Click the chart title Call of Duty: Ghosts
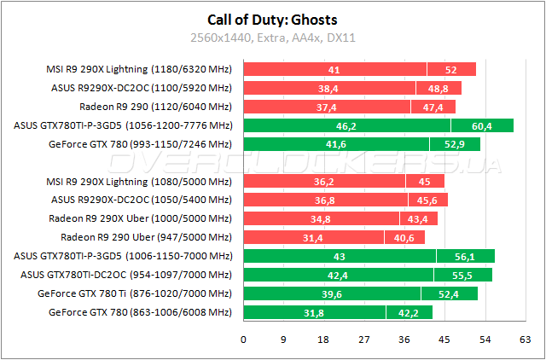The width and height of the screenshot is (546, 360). click(x=272, y=20)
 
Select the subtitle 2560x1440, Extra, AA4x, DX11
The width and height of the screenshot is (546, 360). click(x=272, y=38)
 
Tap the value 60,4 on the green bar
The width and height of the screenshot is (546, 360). click(x=482, y=125)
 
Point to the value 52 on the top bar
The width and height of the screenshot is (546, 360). click(x=450, y=69)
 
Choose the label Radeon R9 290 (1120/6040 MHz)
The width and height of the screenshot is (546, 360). click(x=155, y=107)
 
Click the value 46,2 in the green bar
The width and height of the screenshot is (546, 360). click(x=346, y=125)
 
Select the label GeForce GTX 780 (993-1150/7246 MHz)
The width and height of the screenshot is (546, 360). click(x=141, y=144)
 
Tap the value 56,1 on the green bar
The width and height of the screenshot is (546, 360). click(x=465, y=255)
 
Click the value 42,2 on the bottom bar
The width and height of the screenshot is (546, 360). click(x=409, y=311)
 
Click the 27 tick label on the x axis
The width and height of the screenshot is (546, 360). click(x=364, y=339)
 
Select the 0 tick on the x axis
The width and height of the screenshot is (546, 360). click(x=244, y=339)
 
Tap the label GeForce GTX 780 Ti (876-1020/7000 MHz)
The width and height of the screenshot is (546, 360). click(x=135, y=293)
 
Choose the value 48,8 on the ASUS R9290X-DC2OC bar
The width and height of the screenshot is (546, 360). click(x=438, y=88)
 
